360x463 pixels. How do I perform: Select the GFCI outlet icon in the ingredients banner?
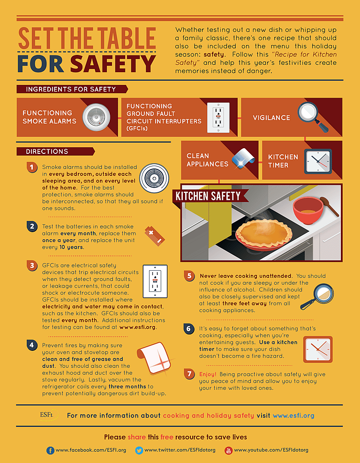tap(218, 117)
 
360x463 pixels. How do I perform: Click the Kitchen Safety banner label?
tap(208, 196)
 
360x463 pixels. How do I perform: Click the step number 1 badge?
tap(31, 167)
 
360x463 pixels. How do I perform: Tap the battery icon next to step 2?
tap(155, 235)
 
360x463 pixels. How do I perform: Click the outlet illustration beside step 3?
tap(155, 281)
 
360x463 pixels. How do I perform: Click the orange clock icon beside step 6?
tap(317, 349)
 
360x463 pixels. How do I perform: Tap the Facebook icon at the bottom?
tap(50, 450)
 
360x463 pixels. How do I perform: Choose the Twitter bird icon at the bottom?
tap(139, 450)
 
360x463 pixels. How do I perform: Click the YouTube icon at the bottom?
tap(228, 450)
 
